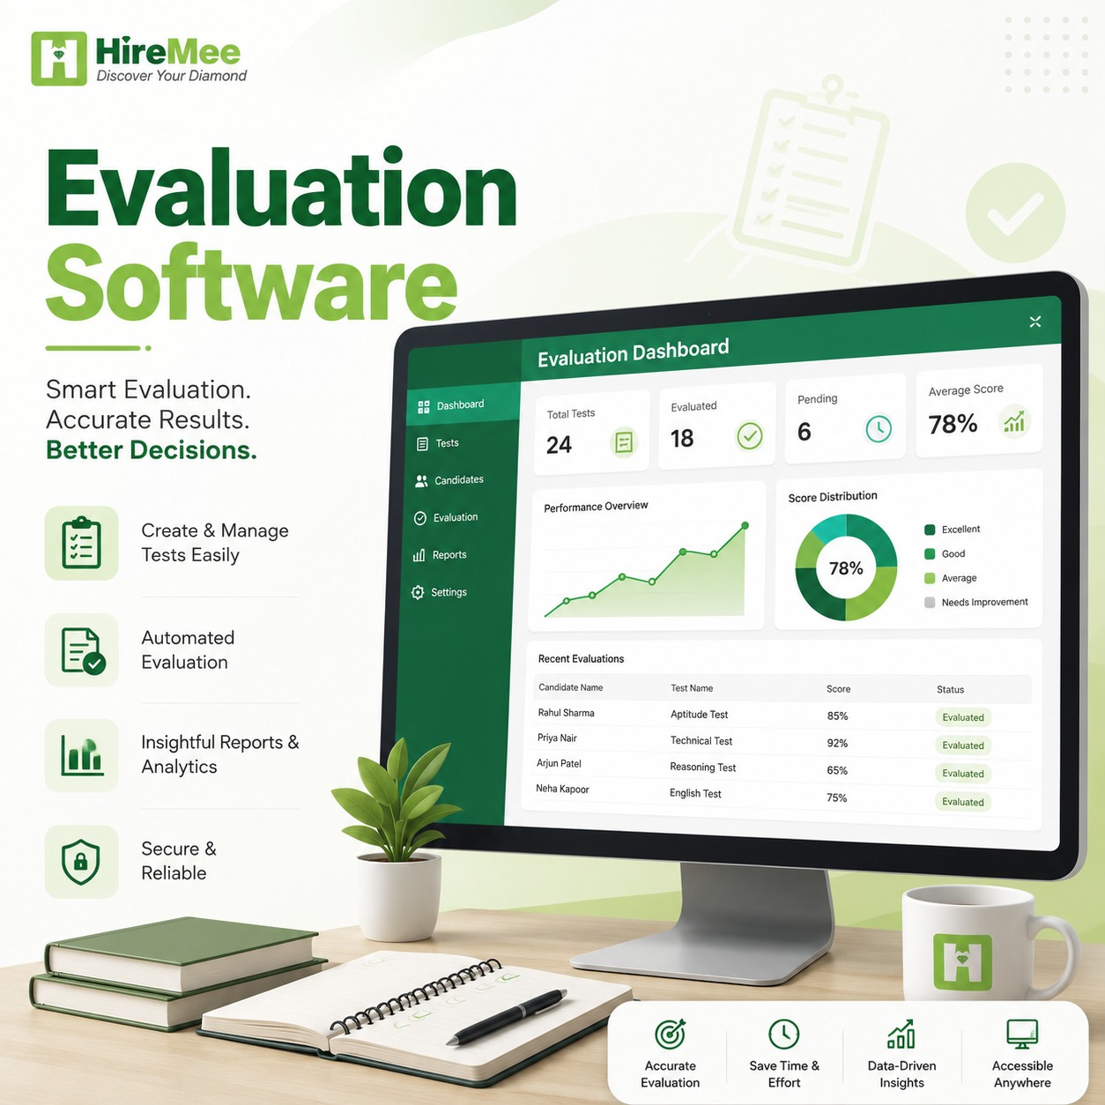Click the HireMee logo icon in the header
tap(59, 58)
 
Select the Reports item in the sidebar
tap(440, 554)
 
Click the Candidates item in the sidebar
tap(449, 480)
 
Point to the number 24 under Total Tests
tap(559, 444)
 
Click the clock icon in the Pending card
tap(879, 428)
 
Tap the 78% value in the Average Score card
tap(953, 425)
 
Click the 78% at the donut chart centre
tap(846, 568)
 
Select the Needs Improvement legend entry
tap(976, 602)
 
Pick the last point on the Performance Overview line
tap(745, 525)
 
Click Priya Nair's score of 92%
tap(837, 743)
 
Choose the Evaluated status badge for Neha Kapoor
tap(963, 802)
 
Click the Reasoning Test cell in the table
tap(702, 768)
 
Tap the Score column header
tap(838, 689)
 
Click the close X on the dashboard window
tap(1035, 322)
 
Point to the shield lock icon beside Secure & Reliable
tap(81, 862)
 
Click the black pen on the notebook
tap(507, 1016)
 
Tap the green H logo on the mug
tap(963, 962)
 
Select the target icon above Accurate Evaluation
tap(670, 1033)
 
